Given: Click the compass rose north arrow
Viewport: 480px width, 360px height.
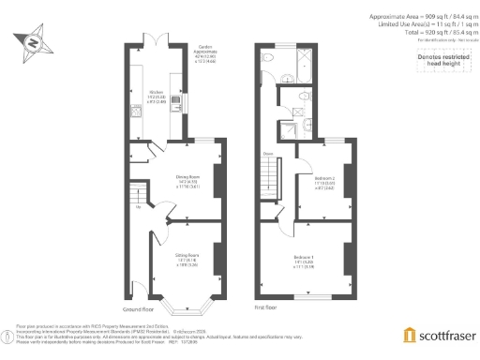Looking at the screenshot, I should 34,43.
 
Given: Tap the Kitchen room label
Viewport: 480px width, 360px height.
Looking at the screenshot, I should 151,95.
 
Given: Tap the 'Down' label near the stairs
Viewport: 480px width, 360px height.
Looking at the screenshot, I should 268,154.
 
